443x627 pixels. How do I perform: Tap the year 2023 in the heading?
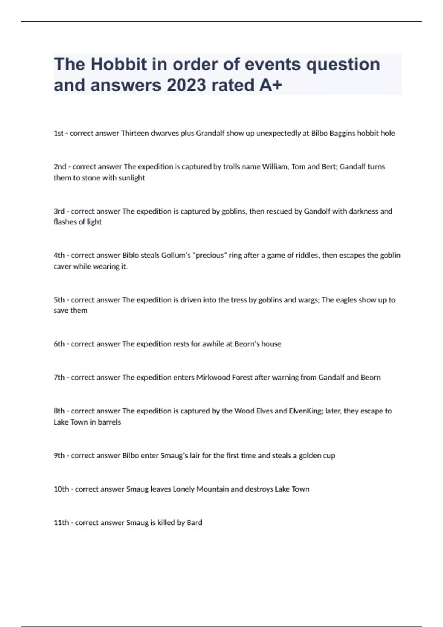[186, 85]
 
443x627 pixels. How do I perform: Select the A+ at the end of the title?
[271, 85]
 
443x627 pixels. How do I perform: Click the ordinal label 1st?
[59, 133]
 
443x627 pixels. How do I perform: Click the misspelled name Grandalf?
[210, 133]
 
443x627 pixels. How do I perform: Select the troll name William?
[275, 167]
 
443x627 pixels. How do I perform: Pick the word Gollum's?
[175, 255]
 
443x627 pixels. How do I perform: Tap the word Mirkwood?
[211, 377]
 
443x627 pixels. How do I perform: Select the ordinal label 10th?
[61, 489]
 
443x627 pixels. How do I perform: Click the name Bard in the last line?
[194, 523]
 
